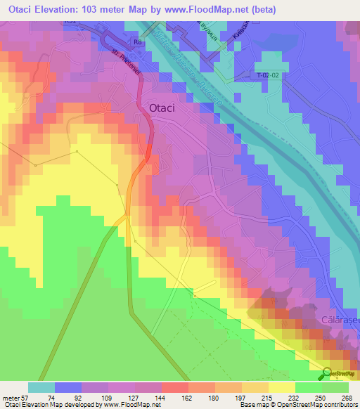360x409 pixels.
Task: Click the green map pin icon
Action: (328, 372)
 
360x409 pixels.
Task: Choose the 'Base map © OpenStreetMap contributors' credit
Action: (299, 405)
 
